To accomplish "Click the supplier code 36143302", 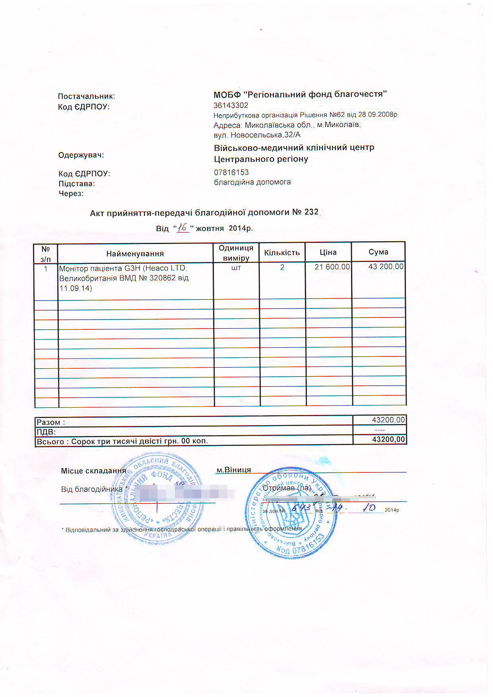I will pyautogui.click(x=231, y=105).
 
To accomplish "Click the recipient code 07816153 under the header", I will pyautogui.click(x=231, y=172).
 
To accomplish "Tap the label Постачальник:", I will pyautogui.click(x=87, y=96).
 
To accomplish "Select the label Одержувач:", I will pyautogui.click(x=81, y=155).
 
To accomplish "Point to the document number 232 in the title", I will pyautogui.click(x=311, y=212).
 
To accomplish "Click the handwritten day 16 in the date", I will pyautogui.click(x=183, y=228).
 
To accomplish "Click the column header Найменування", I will pyautogui.click(x=135, y=254).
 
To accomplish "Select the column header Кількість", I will pyautogui.click(x=282, y=253).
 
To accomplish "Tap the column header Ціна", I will pyautogui.click(x=328, y=252).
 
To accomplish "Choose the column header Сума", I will pyautogui.click(x=378, y=252).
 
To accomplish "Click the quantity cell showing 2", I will pyautogui.click(x=282, y=267).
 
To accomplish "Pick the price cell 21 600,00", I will pyautogui.click(x=332, y=267).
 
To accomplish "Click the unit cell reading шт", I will pyautogui.click(x=236, y=268).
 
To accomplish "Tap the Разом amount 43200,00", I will pyautogui.click(x=388, y=420).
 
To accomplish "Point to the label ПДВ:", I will pyautogui.click(x=46, y=432).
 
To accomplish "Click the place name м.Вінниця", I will pyautogui.click(x=233, y=470).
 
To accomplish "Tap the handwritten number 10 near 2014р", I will pyautogui.click(x=369, y=508).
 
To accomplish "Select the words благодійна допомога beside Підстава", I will pyautogui.click(x=252, y=182).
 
